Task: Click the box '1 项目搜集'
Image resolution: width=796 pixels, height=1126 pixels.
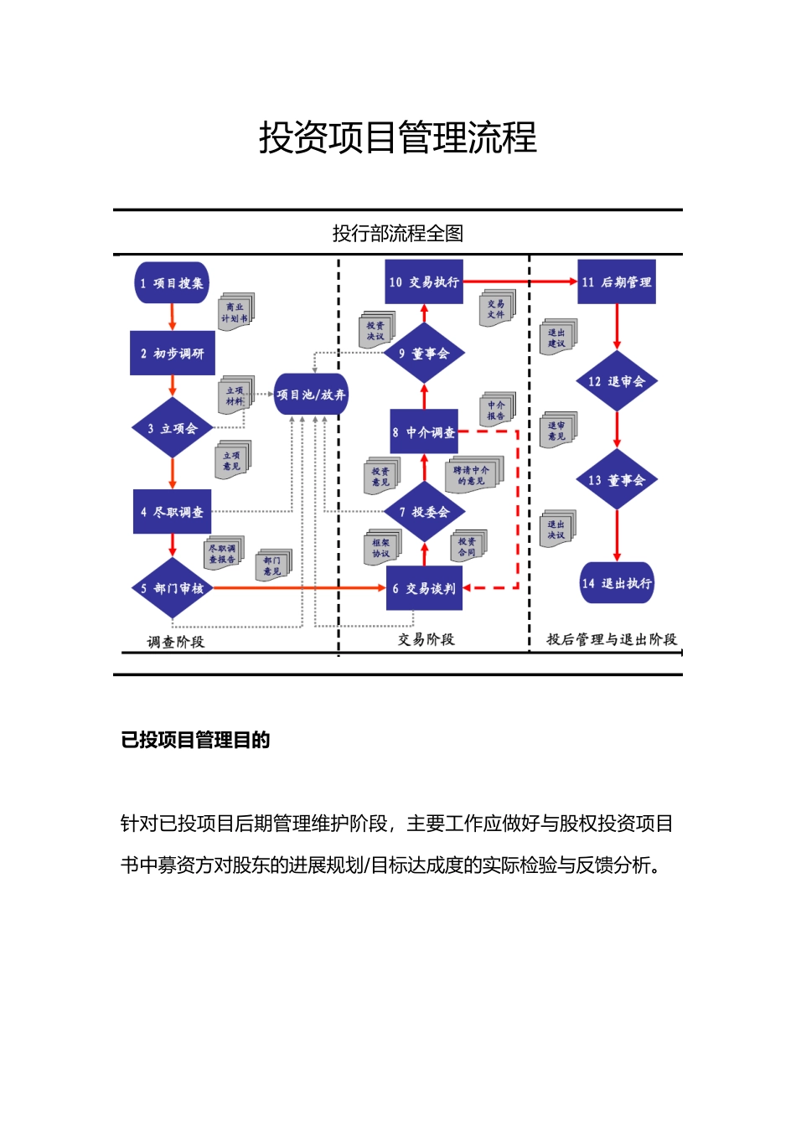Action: tap(172, 283)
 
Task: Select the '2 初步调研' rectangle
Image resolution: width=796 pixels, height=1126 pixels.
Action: tap(173, 353)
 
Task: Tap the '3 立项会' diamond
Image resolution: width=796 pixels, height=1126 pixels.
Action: tap(173, 428)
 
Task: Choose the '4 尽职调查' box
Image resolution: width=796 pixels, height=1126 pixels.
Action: tap(173, 512)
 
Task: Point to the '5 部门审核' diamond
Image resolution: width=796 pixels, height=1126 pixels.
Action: tap(173, 588)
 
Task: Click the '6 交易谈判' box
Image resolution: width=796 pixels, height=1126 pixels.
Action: tap(424, 588)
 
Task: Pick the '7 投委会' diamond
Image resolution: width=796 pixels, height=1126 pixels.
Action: tap(425, 512)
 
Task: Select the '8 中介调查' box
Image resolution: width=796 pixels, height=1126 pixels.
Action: tap(424, 432)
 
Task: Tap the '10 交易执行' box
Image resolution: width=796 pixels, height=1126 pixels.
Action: tap(424, 282)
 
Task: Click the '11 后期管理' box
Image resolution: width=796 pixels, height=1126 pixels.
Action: tap(617, 282)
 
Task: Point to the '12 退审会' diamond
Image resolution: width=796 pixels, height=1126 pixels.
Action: tap(617, 381)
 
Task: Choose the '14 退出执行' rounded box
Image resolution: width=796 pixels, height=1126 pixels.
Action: tap(617, 583)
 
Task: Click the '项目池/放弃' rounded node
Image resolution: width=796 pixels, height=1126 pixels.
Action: tap(311, 395)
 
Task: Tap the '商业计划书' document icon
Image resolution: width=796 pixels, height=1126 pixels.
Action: tap(235, 312)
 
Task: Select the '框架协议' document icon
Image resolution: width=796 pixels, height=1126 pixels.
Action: tap(382, 548)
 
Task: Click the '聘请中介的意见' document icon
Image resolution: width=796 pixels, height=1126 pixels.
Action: tap(473, 475)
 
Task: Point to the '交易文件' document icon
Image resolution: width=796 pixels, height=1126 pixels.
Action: tap(497, 308)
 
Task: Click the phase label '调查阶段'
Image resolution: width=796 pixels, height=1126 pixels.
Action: tap(176, 642)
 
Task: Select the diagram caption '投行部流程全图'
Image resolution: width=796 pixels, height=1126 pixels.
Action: tap(398, 233)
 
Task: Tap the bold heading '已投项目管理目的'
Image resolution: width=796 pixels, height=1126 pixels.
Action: tap(195, 740)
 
